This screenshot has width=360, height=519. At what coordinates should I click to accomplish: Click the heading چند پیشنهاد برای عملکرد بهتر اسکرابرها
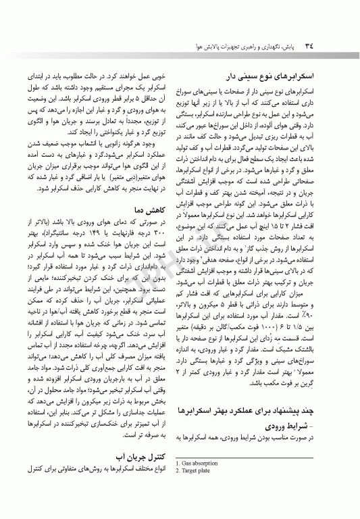click(259, 410)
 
